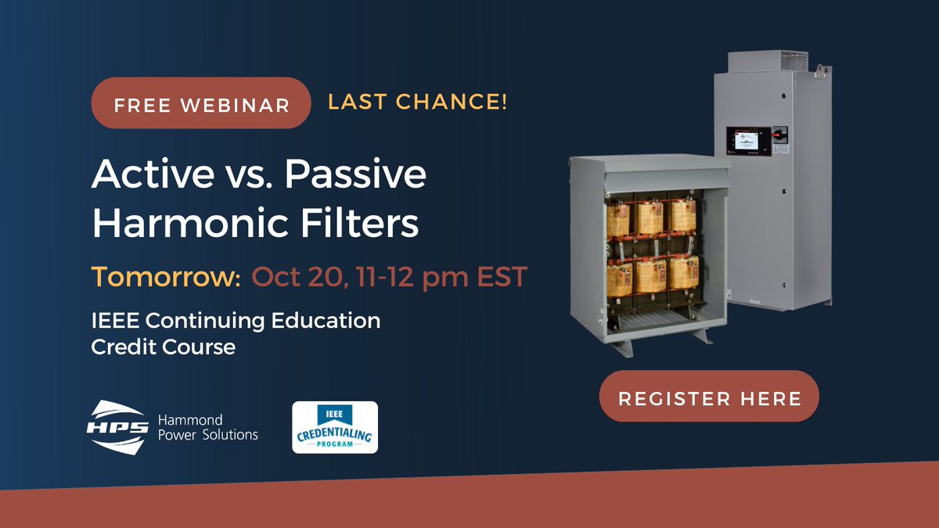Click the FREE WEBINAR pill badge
click(x=202, y=103)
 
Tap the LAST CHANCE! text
click(x=418, y=102)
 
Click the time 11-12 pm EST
click(x=438, y=276)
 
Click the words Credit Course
click(x=164, y=347)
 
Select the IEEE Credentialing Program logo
click(x=335, y=427)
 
